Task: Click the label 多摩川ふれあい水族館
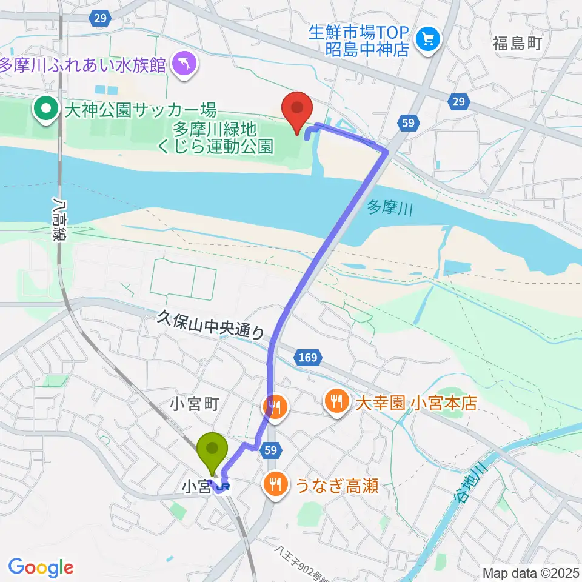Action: click(83, 64)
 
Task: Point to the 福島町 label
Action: click(517, 43)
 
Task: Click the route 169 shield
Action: click(307, 358)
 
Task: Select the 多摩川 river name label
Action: click(390, 210)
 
